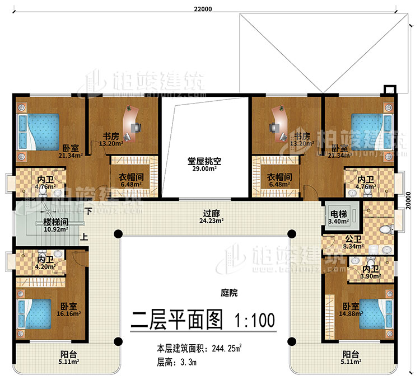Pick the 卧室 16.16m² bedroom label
[x=69, y=309]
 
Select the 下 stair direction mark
[x=88, y=212]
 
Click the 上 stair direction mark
[x=83, y=236]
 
